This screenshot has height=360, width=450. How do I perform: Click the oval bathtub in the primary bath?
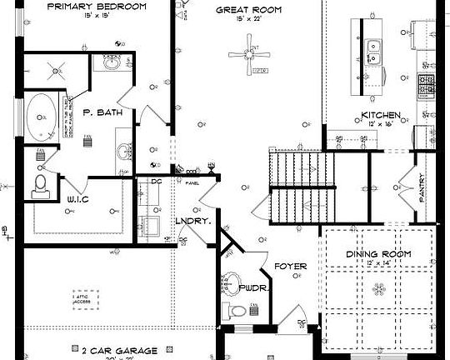[x=42, y=118]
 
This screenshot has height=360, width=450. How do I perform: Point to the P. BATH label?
[x=102, y=112]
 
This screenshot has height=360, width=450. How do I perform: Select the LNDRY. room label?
[x=190, y=222]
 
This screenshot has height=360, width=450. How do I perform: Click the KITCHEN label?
[x=381, y=115]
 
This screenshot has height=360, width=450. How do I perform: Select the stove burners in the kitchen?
[x=427, y=83]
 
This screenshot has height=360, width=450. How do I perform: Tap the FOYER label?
[x=291, y=267]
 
